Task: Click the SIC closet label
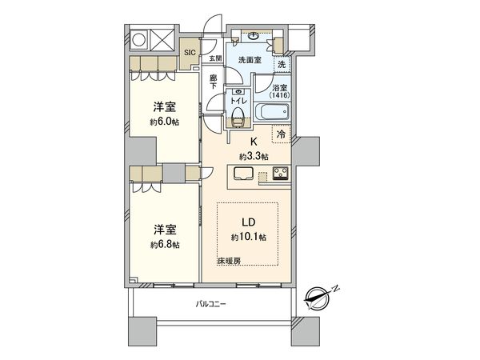[190, 53]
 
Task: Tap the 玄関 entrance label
[215, 58]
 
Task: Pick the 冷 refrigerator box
[281, 135]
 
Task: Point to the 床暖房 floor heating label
[229, 262]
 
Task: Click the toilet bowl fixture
[235, 118]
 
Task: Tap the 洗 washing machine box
[281, 64]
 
